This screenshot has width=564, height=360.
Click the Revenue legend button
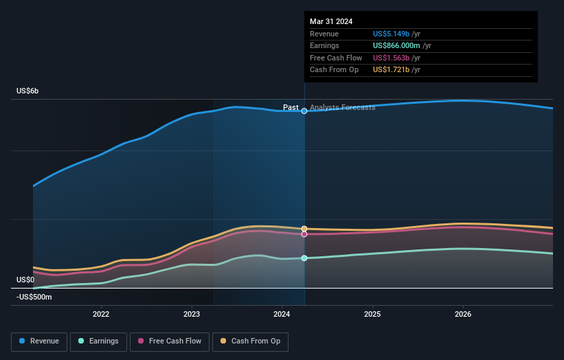(x=39, y=341)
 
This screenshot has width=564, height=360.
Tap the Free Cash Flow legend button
(x=170, y=341)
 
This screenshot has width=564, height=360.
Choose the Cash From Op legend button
(x=255, y=341)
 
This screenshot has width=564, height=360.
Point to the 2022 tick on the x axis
(x=101, y=315)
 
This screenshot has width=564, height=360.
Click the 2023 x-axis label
(x=192, y=315)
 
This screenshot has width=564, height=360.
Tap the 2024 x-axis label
(x=282, y=315)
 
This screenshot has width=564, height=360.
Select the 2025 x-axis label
(x=372, y=315)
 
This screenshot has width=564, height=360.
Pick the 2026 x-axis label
(x=463, y=315)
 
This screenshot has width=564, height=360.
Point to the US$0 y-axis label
(x=25, y=280)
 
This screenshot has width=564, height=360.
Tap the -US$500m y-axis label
(x=34, y=297)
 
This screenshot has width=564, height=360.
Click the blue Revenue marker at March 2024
(x=304, y=111)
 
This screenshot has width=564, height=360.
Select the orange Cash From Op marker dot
(x=304, y=229)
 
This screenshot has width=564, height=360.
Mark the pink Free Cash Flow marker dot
(x=304, y=234)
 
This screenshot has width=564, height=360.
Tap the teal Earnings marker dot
(x=304, y=258)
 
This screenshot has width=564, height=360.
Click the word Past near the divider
(x=291, y=107)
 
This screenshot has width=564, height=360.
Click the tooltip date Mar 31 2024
(x=331, y=21)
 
